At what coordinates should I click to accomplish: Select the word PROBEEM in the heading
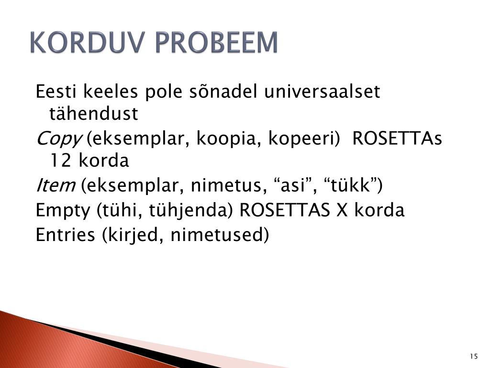216,42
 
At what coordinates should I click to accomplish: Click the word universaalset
322,92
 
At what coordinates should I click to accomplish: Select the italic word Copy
59,139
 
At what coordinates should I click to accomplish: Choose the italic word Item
56,185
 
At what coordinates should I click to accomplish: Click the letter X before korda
342,210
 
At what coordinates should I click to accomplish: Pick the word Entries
65,235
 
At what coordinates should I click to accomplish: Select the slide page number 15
474,356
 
